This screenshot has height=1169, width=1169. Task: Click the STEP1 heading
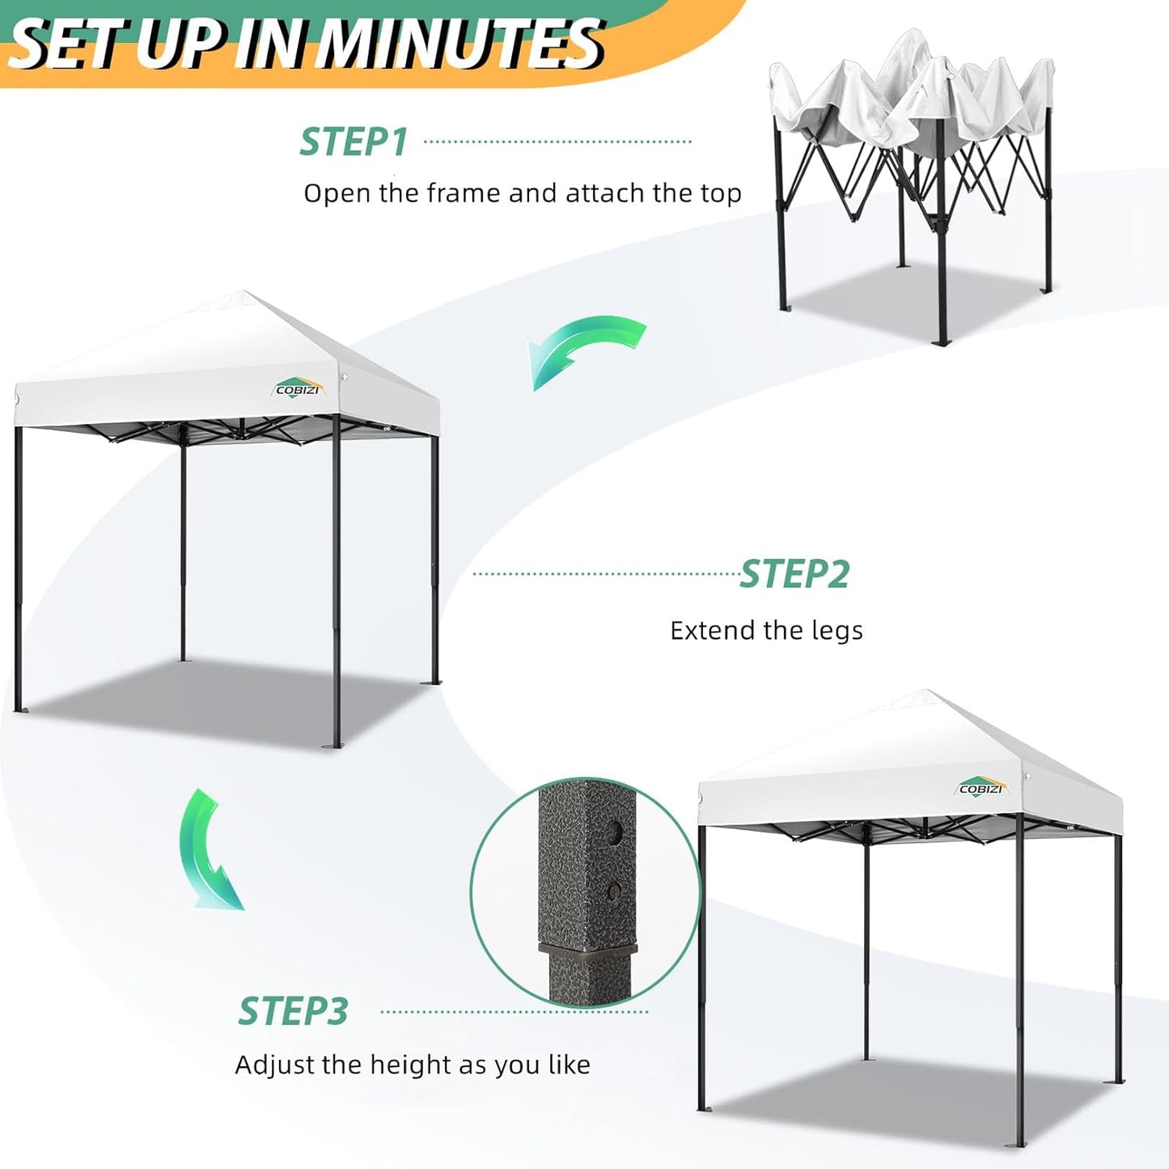tap(354, 142)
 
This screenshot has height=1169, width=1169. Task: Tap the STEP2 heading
tap(794, 574)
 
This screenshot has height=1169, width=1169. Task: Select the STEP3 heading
tap(293, 1011)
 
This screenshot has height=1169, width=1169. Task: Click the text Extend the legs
tap(766, 630)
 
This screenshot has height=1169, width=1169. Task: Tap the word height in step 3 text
tap(409, 1065)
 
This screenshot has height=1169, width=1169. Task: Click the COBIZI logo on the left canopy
tap(299, 388)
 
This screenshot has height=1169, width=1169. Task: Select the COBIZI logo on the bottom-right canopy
tap(981, 787)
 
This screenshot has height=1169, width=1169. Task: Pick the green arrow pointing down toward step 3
tap(210, 849)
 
